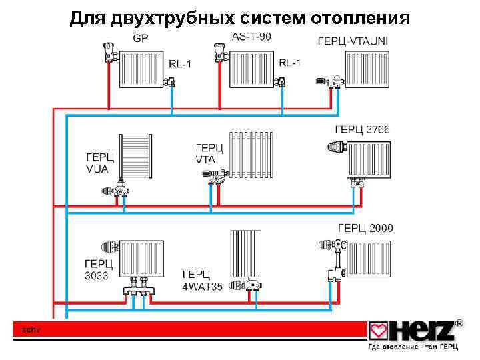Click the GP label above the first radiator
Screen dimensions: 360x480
[x=141, y=38]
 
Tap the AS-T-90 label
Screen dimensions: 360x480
[x=251, y=37]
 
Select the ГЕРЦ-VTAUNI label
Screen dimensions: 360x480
[x=353, y=41]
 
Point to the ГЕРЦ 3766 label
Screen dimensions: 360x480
[x=362, y=129]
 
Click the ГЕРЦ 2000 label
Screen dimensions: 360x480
[x=365, y=229]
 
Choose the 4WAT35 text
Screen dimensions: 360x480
[x=203, y=287]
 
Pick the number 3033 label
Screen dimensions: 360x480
[x=97, y=275]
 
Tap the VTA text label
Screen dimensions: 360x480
[x=206, y=160]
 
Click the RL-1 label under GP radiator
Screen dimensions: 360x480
[x=179, y=64]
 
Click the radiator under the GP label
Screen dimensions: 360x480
[x=141, y=69]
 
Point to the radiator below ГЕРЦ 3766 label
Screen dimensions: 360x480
[x=367, y=160]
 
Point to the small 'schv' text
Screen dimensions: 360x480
[x=31, y=329]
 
